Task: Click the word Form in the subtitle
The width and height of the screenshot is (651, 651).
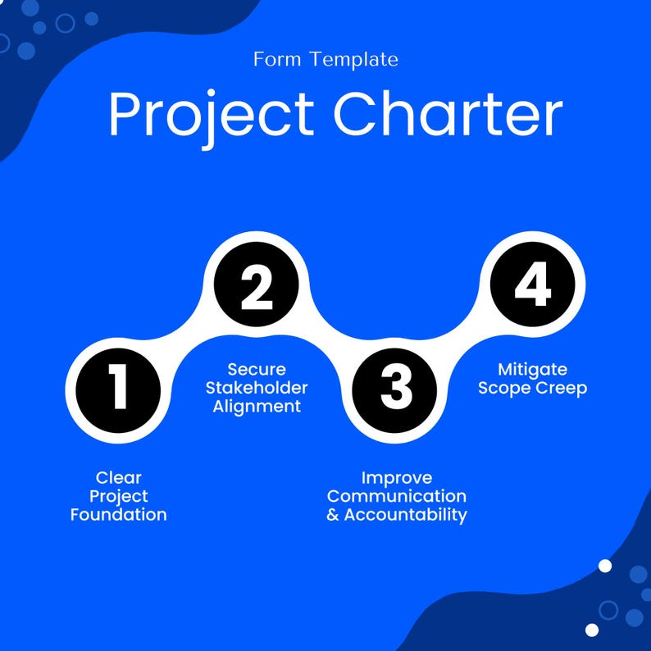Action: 274,59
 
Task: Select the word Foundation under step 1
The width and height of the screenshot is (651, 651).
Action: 118,515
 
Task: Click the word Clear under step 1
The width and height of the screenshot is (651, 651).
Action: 118,477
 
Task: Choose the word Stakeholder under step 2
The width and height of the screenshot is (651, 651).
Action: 257,388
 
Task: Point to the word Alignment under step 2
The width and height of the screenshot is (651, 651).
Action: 257,407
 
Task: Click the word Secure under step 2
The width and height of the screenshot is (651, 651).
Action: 257,369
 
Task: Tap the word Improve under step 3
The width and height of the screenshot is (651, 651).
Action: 397,477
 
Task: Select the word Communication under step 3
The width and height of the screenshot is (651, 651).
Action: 397,496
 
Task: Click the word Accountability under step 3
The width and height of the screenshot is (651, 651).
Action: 405,515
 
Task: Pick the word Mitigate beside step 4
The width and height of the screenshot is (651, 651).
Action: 532,369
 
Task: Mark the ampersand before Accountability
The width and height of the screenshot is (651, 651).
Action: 332,516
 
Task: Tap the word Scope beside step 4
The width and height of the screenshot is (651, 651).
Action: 503,388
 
